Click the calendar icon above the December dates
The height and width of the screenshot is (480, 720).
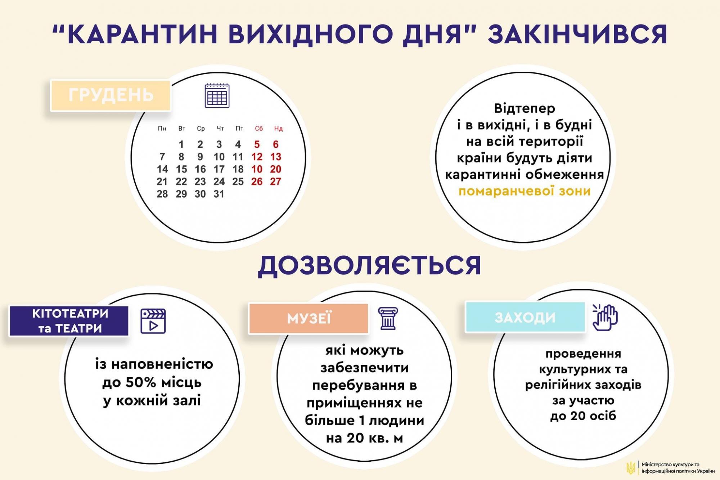[217, 96]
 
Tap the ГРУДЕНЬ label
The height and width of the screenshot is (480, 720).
[111, 95]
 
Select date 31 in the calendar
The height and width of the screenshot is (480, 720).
[219, 194]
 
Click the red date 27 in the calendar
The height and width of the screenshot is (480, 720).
[275, 181]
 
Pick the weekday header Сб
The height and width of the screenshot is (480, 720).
[259, 129]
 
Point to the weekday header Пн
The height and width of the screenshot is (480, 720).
[162, 129]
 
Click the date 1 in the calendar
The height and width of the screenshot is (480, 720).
[181, 144]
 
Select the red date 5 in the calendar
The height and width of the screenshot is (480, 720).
[257, 144]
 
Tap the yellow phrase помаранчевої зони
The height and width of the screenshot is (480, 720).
[524, 191]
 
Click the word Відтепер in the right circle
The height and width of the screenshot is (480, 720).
[524, 108]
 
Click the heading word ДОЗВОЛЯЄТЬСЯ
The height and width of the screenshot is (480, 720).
[369, 266]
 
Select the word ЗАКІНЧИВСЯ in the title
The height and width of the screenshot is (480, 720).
[577, 34]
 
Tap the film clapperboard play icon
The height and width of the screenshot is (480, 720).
[153, 321]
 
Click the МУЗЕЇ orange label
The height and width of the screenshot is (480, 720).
[309, 318]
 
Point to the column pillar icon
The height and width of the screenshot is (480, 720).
[388, 318]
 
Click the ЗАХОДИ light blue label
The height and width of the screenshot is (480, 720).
[525, 317]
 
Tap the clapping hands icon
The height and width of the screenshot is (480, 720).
[605, 317]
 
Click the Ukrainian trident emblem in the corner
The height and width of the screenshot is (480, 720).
[630, 468]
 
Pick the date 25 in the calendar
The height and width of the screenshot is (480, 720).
[238, 181]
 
